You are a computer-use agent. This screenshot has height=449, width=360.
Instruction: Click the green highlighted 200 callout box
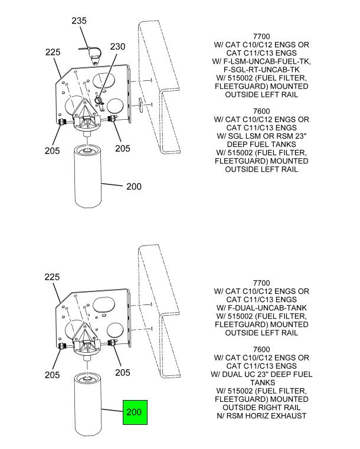[x=135, y=412]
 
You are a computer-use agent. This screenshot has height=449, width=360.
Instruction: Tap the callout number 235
[x=79, y=21]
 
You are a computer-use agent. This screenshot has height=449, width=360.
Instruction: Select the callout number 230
[x=117, y=47]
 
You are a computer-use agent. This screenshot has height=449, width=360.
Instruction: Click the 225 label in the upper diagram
[x=53, y=52]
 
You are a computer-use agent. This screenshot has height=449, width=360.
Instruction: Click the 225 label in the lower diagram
[x=52, y=277]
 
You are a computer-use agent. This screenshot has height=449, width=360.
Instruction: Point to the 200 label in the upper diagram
[x=134, y=186]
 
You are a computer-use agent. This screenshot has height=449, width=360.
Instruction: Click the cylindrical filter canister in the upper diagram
[x=88, y=176]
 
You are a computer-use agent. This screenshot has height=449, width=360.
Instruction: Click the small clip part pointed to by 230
[x=100, y=102]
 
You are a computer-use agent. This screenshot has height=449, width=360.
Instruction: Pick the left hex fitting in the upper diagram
[x=62, y=122]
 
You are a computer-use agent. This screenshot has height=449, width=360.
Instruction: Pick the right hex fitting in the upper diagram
[x=112, y=118]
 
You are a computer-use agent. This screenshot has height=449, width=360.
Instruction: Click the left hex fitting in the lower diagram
[x=62, y=346]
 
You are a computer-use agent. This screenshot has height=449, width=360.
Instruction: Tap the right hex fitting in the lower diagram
[x=112, y=342]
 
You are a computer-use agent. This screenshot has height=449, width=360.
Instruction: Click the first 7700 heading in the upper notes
[x=261, y=37]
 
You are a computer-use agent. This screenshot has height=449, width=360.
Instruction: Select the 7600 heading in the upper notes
[x=261, y=111]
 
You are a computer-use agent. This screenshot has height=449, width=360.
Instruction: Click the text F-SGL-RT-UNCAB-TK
[x=261, y=70]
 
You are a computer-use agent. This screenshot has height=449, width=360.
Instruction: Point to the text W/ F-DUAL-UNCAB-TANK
[x=261, y=308]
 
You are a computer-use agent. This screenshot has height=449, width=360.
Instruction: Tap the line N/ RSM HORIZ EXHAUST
[x=261, y=416]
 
